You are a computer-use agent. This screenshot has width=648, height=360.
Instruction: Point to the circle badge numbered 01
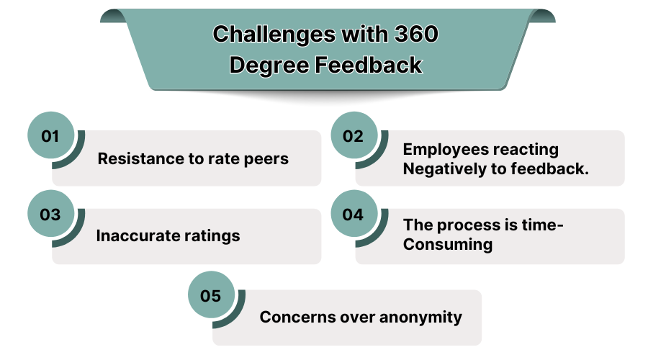50,135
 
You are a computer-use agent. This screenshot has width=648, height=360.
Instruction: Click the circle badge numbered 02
353,135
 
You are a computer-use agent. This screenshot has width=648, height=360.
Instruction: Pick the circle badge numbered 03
50,214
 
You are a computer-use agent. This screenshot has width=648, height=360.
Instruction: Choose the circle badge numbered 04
353,214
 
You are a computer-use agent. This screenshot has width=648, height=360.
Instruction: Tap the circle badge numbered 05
210,294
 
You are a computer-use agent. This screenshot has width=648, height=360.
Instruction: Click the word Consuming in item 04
448,244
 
